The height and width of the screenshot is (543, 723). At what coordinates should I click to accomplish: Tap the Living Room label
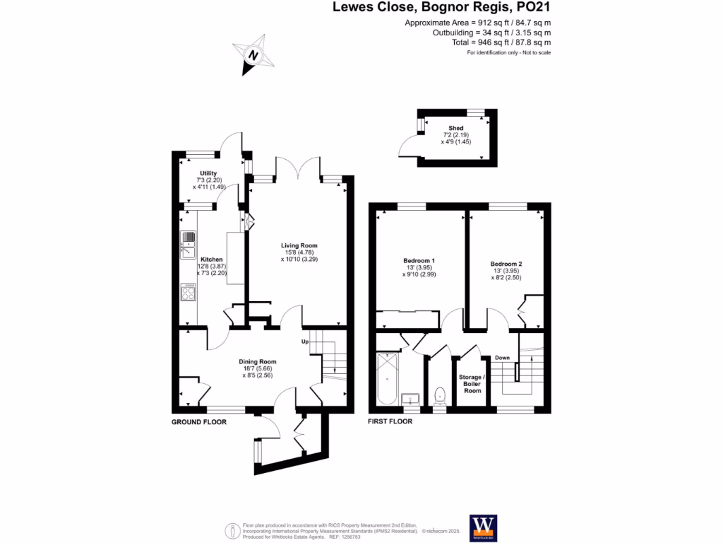point(294,245)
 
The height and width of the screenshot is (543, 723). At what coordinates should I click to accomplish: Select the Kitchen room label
point(212,259)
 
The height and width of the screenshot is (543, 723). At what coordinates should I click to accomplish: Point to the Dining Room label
point(257,361)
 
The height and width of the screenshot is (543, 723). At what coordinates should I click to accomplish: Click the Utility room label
point(208,173)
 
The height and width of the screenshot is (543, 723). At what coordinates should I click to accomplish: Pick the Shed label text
point(455,127)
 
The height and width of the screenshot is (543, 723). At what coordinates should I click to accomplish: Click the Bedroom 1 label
point(419,261)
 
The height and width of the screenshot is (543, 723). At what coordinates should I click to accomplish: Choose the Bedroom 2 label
point(506,264)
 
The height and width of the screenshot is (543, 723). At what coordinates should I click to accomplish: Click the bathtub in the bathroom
point(387,380)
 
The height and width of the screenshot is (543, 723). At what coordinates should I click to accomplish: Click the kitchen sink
point(189,243)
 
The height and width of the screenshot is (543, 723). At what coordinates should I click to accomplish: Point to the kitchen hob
point(189,291)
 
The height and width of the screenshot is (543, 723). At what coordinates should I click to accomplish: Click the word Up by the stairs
point(306,342)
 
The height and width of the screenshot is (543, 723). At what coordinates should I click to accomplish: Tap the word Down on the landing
point(502,358)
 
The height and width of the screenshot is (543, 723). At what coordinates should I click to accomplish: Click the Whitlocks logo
point(484,527)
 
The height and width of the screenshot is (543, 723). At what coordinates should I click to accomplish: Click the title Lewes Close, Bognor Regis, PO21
point(441,8)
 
